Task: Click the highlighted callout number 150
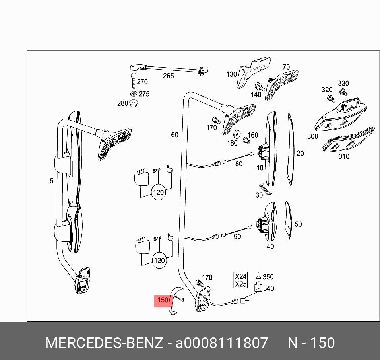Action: [x=163, y=300]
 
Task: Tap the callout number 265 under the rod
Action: [x=169, y=76]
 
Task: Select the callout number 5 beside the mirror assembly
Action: [x=52, y=181]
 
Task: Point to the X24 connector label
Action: [x=241, y=276]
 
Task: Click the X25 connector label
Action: [x=241, y=284]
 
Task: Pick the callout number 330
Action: [x=343, y=84]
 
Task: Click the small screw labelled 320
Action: [x=330, y=97]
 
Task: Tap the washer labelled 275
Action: [x=134, y=94]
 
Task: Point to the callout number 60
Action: [x=175, y=135]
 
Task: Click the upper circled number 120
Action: [x=158, y=193]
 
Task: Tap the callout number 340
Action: [x=269, y=288]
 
